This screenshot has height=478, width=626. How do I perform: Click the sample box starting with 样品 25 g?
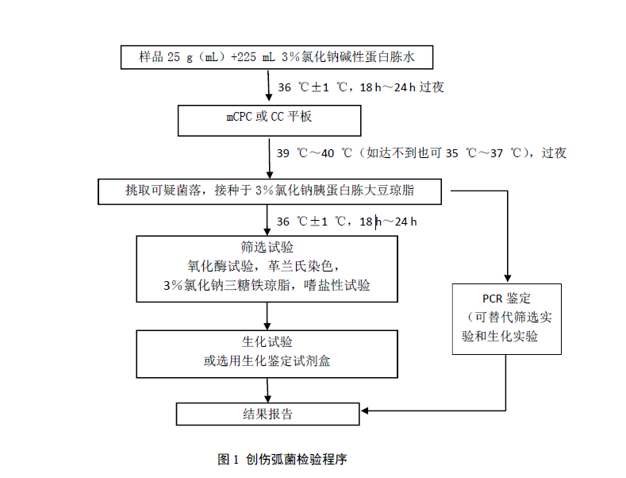(x=276, y=57)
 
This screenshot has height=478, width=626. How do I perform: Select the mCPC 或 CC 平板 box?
(x=270, y=120)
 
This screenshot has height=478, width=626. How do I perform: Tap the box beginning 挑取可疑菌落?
(x=274, y=191)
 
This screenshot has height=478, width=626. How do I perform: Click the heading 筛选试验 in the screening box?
(x=267, y=247)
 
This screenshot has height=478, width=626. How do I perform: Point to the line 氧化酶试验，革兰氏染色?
(x=267, y=266)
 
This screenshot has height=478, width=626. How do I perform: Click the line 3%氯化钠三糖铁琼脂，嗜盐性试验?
(x=267, y=285)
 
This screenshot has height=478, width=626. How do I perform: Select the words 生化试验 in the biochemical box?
(x=267, y=342)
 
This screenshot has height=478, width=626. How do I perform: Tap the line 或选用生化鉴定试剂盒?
(x=267, y=360)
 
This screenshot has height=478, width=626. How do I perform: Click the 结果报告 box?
(x=267, y=414)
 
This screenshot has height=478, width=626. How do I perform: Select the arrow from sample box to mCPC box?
(x=268, y=86)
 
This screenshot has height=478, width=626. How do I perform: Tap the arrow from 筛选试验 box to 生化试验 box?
(x=268, y=315)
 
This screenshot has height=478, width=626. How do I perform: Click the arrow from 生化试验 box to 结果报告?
(x=268, y=389)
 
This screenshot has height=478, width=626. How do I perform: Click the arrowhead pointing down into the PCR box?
(x=506, y=279)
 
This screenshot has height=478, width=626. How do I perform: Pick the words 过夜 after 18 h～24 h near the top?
(x=432, y=87)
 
